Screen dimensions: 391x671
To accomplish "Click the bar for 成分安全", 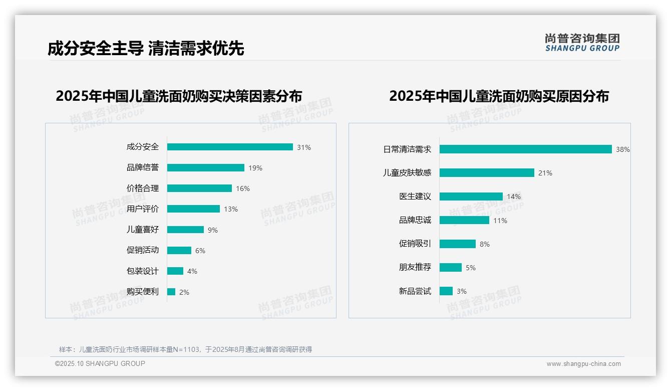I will [230, 147].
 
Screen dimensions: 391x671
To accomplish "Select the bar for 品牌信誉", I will [206, 168].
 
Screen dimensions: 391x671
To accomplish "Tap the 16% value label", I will [243, 188].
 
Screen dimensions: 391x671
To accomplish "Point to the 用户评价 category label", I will [143, 209].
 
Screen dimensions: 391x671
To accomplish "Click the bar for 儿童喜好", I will [185, 230].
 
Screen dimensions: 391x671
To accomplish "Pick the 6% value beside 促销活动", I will [200, 251].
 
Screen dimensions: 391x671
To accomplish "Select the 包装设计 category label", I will [143, 271].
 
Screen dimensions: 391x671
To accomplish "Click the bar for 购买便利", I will [171, 292].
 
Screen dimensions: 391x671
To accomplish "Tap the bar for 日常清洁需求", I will [526, 149].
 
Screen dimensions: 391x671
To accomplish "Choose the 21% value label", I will [545, 173].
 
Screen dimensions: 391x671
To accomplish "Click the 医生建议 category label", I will [415, 196].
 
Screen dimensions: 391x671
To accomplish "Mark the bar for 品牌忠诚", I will [464, 220].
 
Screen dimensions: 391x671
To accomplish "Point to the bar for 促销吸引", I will [458, 244].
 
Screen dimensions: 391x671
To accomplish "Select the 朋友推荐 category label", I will [415, 267].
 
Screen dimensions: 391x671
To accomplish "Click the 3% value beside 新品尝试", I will [462, 291].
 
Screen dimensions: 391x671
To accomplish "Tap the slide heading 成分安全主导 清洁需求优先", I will [146, 49].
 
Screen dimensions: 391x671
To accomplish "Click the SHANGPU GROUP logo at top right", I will [582, 43].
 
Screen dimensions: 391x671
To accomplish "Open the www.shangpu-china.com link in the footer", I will [583, 364].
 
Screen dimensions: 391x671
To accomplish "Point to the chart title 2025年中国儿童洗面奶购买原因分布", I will [499, 96].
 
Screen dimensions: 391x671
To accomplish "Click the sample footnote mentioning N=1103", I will [185, 349].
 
